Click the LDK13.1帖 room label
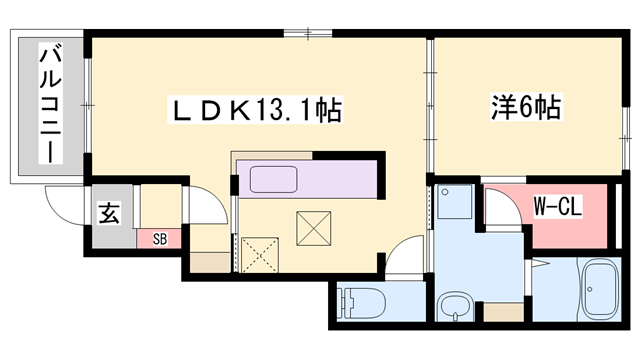(x=256, y=109)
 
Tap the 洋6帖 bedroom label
(x=526, y=107)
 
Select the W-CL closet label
(x=558, y=206)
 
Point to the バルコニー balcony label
(x=51, y=104)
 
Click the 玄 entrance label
(x=109, y=213)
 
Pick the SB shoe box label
(x=160, y=239)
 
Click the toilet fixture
(x=362, y=303)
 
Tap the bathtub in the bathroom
(x=600, y=289)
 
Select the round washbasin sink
(x=455, y=305)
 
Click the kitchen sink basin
(x=273, y=179)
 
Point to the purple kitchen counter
(x=307, y=179)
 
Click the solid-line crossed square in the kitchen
(x=313, y=228)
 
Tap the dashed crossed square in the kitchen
(x=260, y=255)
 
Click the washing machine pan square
(x=454, y=202)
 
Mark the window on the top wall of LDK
(x=308, y=33)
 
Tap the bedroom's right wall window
(x=626, y=138)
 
